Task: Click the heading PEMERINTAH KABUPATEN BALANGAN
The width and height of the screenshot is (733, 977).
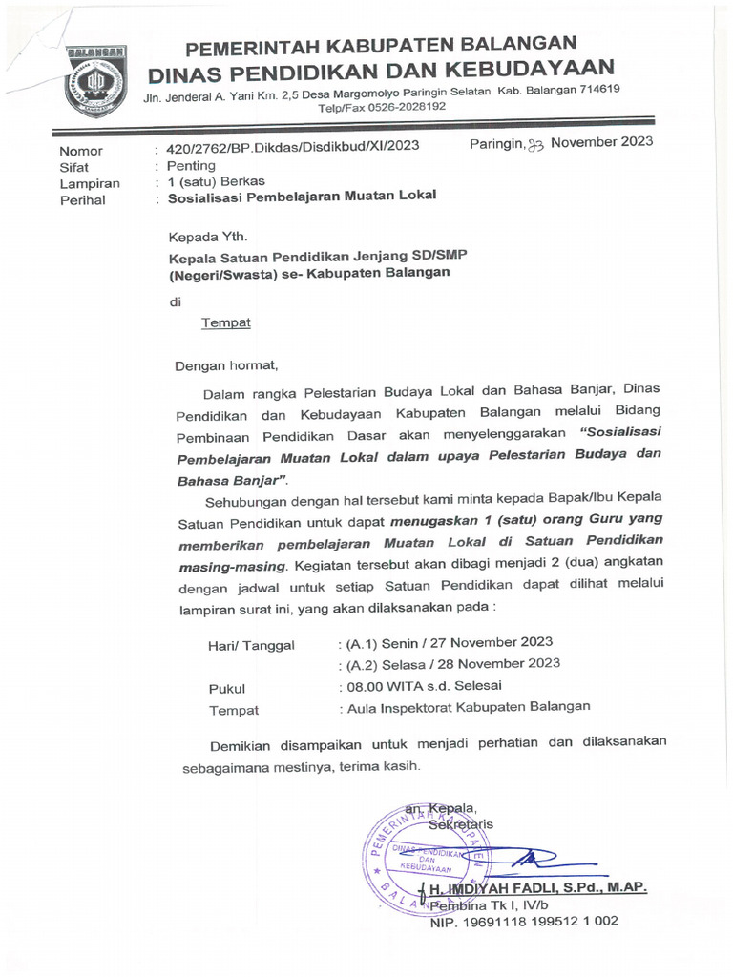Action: (380, 45)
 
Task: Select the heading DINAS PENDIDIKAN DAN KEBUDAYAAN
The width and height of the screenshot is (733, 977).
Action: (380, 69)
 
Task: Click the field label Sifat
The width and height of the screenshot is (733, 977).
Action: (73, 166)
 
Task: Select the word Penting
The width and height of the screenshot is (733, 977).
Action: (192, 165)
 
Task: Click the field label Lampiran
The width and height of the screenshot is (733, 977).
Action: (89, 182)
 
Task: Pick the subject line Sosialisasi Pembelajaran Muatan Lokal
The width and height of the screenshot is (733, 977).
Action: (302, 197)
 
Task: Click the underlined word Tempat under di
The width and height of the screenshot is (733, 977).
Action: (226, 322)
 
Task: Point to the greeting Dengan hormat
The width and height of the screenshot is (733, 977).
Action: (225, 364)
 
